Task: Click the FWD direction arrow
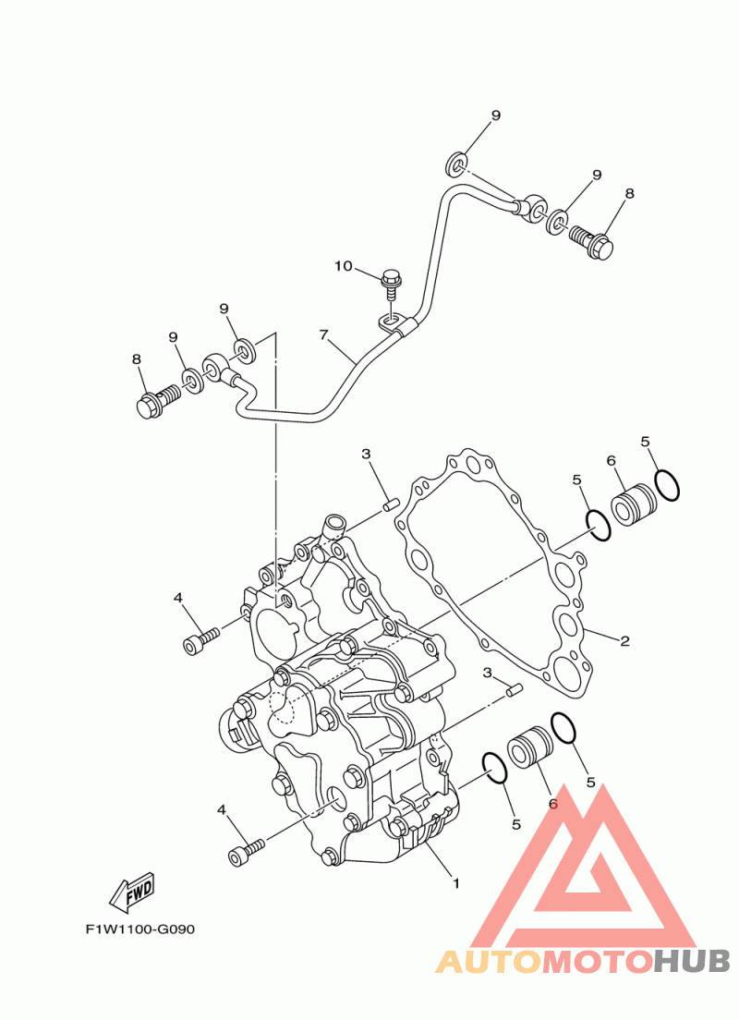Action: point(132,892)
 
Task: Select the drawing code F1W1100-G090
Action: point(139,929)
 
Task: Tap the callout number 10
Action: point(344,265)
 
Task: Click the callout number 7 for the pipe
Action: point(323,335)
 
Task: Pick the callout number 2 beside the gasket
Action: point(624,641)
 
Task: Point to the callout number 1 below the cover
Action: point(456,883)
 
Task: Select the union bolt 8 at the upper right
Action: point(591,242)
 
